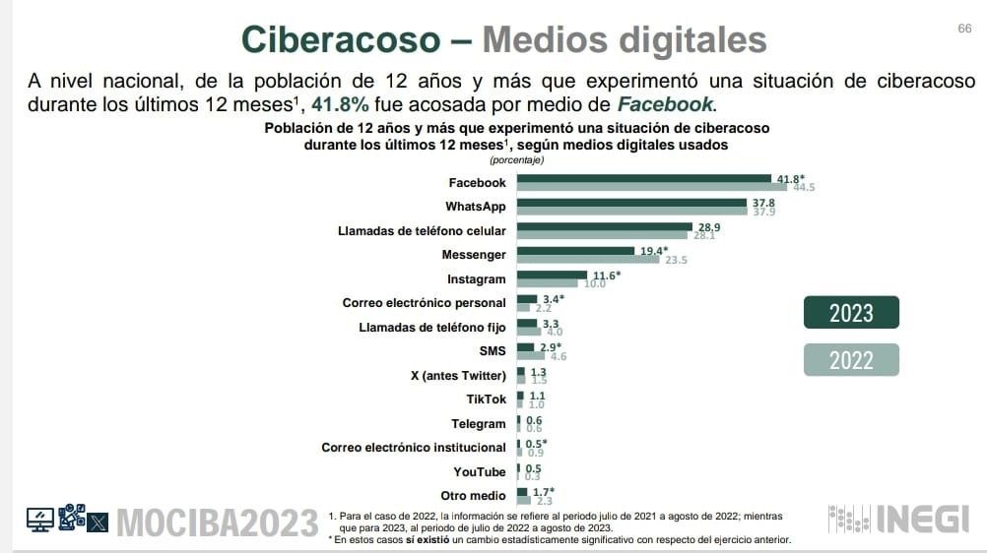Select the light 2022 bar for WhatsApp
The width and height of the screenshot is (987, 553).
pyautogui.click(x=631, y=211)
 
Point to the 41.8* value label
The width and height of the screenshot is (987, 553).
pyautogui.click(x=791, y=178)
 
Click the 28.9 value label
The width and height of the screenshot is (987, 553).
pyautogui.click(x=709, y=226)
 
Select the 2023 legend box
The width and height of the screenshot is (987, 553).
pyautogui.click(x=852, y=313)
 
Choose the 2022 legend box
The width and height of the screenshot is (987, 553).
pyautogui.click(x=852, y=360)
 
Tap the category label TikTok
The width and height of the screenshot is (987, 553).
pyautogui.click(x=487, y=399)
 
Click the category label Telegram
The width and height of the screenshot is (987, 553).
pyautogui.click(x=480, y=424)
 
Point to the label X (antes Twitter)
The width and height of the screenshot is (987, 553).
pyautogui.click(x=458, y=376)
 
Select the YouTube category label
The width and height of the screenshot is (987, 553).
pyautogui.click(x=480, y=472)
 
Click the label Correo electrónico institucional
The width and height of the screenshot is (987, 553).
pyautogui.click(x=414, y=448)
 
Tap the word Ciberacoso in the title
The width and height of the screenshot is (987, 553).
pyautogui.click(x=341, y=39)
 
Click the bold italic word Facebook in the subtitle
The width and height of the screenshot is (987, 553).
pyautogui.click(x=664, y=104)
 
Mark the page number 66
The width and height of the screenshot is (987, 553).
pyautogui.click(x=964, y=28)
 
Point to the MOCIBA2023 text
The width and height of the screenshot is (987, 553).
pyautogui.click(x=219, y=522)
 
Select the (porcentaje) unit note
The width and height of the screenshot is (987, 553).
pyautogui.click(x=516, y=159)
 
